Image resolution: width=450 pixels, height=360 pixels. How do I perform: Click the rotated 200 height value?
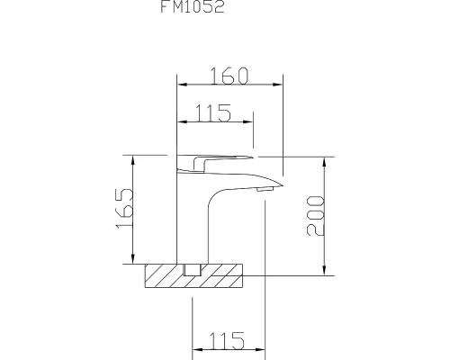316,216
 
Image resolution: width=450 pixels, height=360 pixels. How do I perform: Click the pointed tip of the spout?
281,185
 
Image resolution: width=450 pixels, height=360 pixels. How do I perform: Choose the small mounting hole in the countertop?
191,270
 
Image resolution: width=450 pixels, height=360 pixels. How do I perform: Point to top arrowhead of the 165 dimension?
134,158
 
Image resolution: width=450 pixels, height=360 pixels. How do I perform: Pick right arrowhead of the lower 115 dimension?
261,351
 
